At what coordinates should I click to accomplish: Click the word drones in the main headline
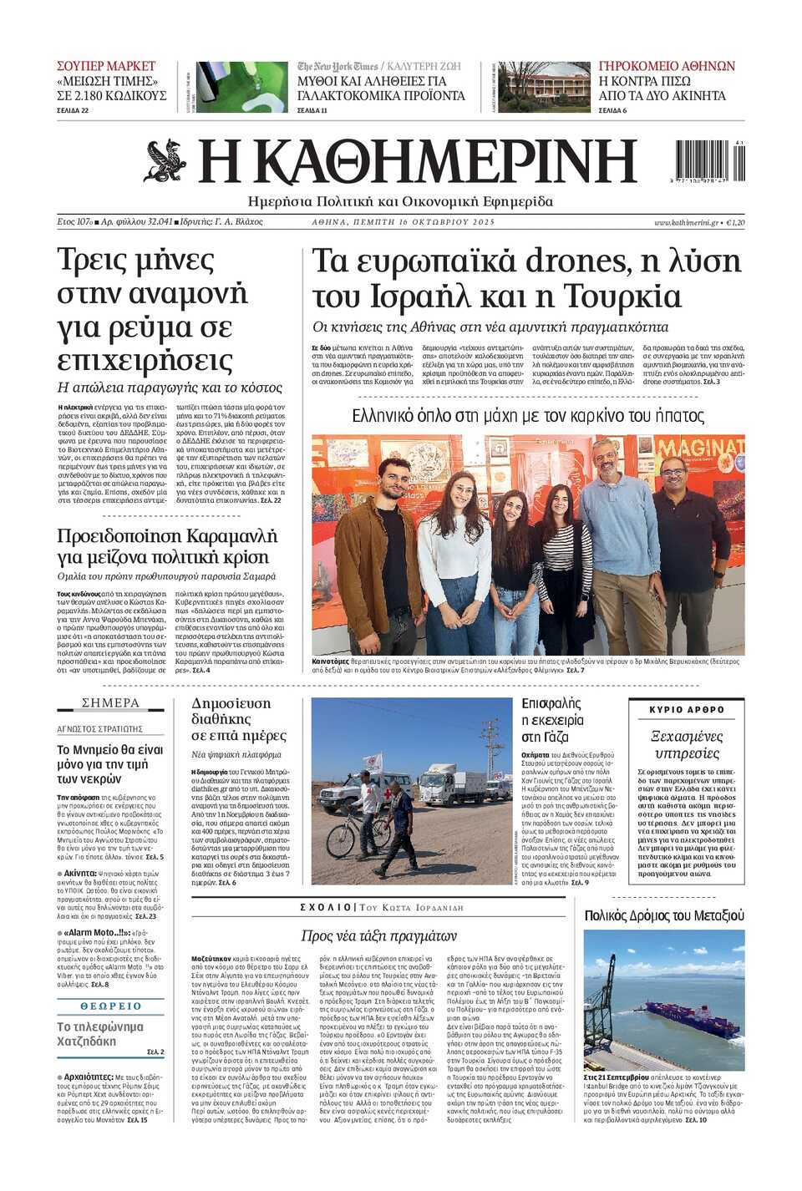coord(576,261)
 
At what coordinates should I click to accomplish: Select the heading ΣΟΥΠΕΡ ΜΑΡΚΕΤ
coord(106,66)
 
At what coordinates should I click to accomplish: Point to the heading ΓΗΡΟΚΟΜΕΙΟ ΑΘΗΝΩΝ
coord(667,66)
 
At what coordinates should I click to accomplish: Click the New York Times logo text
coord(338,66)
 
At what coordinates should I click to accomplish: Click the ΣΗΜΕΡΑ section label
coord(110,703)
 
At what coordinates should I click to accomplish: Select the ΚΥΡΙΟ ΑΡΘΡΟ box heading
coord(687,709)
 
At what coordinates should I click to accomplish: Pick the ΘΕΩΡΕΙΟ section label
coord(110,1006)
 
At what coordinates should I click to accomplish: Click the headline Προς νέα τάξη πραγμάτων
coord(379,935)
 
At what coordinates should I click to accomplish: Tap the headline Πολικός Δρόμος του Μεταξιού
coord(664,915)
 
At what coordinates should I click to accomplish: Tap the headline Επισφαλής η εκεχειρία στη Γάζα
coord(552,720)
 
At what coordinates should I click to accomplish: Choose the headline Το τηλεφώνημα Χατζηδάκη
coord(99,1034)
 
